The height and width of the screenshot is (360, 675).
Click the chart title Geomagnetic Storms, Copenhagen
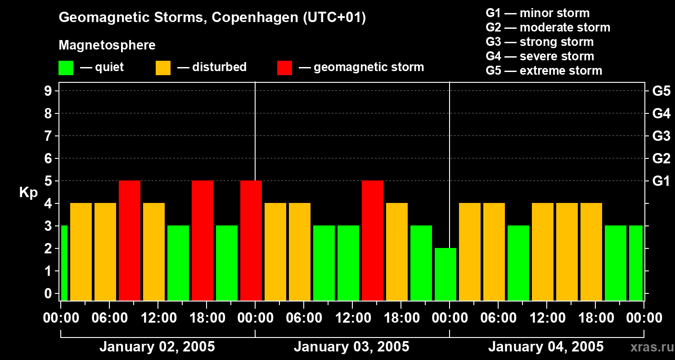pyautogui.click(x=212, y=18)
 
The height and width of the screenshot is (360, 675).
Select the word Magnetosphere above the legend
pyautogui.click(x=107, y=45)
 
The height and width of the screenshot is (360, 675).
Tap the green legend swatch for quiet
pyautogui.click(x=66, y=68)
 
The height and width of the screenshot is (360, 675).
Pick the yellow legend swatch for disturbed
pyautogui.click(x=163, y=68)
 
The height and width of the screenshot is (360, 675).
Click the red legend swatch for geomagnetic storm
pyautogui.click(x=284, y=68)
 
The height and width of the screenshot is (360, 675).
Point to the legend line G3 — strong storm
pyautogui.click(x=540, y=42)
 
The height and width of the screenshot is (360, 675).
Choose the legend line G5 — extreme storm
pyautogui.click(x=544, y=71)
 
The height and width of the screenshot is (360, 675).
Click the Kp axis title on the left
pyautogui.click(x=28, y=193)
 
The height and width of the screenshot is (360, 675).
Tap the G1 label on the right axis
pyautogui.click(x=661, y=181)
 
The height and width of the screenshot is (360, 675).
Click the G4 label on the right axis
pyautogui.click(x=661, y=113)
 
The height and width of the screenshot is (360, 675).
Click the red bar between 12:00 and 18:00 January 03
pyautogui.click(x=373, y=240)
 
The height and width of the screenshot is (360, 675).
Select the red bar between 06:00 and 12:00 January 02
pyautogui.click(x=130, y=240)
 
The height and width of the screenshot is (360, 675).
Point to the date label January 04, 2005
pyautogui.click(x=546, y=347)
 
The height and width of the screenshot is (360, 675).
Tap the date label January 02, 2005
pyautogui.click(x=157, y=347)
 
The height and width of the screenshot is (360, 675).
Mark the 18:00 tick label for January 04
pyautogui.click(x=595, y=318)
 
